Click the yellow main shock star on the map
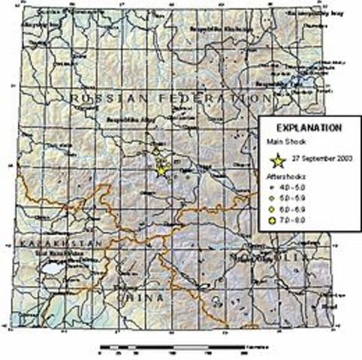161,170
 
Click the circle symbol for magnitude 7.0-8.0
272,221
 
